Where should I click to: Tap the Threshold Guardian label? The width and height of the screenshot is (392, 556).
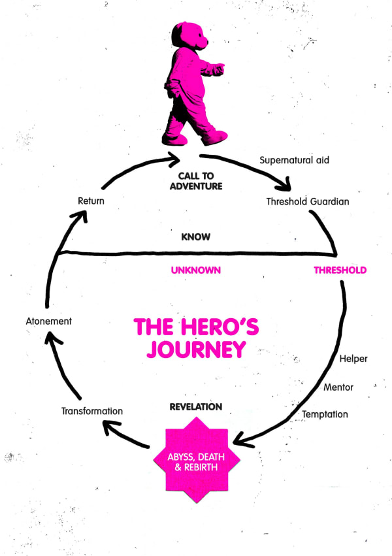(x=307, y=201)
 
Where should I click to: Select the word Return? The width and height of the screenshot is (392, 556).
(x=91, y=201)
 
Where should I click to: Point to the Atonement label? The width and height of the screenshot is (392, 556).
(x=49, y=321)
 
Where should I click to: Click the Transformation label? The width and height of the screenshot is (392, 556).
(x=92, y=411)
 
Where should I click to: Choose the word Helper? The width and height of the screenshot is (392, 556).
(x=353, y=359)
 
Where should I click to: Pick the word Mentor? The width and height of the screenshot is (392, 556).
(x=338, y=387)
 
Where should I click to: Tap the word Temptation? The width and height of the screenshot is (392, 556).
(x=325, y=414)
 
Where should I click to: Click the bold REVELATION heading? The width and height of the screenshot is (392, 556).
(x=196, y=406)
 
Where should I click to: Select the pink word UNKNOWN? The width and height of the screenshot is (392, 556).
(x=196, y=270)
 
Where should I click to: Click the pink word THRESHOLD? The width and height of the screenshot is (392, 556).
(x=340, y=270)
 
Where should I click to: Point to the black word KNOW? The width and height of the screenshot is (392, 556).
(x=196, y=237)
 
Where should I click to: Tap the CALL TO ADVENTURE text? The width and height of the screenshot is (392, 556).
(x=200, y=181)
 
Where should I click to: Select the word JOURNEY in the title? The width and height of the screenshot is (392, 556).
(x=196, y=349)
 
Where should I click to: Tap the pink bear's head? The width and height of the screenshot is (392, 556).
(x=190, y=39)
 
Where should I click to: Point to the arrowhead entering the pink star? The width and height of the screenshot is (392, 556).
(x=240, y=439)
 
